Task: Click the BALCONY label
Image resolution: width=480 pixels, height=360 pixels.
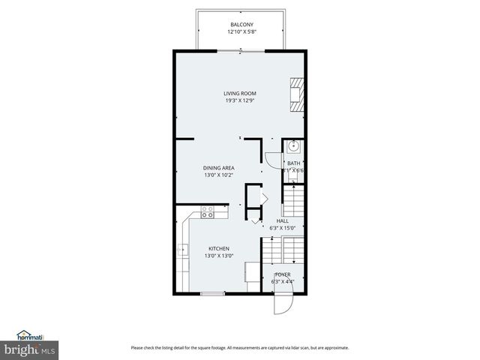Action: point(240,25)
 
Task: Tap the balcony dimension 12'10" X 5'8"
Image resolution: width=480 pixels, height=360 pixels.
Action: point(240,32)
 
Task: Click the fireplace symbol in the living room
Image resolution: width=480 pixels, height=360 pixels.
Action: point(298,94)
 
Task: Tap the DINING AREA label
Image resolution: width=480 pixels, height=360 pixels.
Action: point(219,167)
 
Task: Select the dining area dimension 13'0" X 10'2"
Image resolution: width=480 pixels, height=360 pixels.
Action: point(219,175)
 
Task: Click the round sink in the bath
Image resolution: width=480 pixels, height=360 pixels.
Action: point(294,146)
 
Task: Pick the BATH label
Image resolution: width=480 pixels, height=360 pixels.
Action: point(293,163)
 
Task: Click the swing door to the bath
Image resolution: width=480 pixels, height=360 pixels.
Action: point(271,160)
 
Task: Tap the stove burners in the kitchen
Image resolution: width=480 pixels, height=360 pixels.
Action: point(208,211)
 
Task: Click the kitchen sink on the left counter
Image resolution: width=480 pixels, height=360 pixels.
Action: point(181,250)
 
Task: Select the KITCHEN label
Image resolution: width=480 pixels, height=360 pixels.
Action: point(219,248)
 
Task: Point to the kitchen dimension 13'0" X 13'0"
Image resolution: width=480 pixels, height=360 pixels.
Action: point(219,256)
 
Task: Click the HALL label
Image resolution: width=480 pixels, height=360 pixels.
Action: point(282,220)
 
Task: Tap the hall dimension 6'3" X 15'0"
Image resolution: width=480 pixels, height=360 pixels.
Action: point(282,228)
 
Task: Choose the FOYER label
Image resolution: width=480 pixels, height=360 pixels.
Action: point(283,274)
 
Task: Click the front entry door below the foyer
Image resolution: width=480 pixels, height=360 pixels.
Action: point(280,304)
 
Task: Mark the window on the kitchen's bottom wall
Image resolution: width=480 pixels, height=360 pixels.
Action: point(213,293)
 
